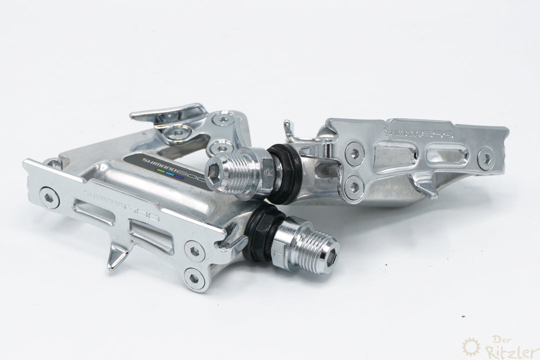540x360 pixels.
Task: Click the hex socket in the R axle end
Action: pos(215,172)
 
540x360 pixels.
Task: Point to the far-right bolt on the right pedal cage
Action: pos(485,158)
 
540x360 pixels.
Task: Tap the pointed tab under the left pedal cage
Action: pos(116,256)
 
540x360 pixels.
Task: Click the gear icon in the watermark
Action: pos(470,346)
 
